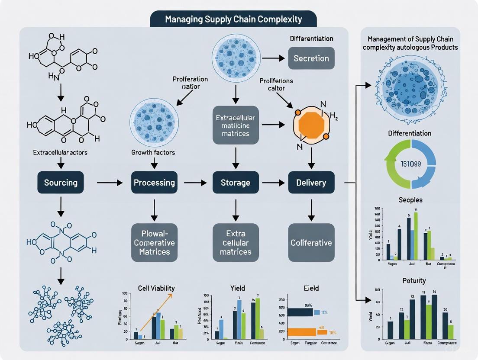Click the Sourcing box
(x=61, y=183)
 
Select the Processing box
(x=154, y=183)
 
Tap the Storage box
(x=236, y=183)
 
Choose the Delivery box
(x=311, y=183)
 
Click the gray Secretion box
(x=311, y=58)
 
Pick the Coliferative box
(x=311, y=242)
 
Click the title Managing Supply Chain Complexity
(x=233, y=19)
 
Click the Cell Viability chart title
(x=156, y=288)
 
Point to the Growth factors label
(x=153, y=152)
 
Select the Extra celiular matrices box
(x=236, y=242)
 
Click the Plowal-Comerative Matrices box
(x=154, y=242)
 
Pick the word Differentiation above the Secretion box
(x=311, y=39)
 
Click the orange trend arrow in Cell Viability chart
(x=156, y=312)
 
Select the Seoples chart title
(x=410, y=200)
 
